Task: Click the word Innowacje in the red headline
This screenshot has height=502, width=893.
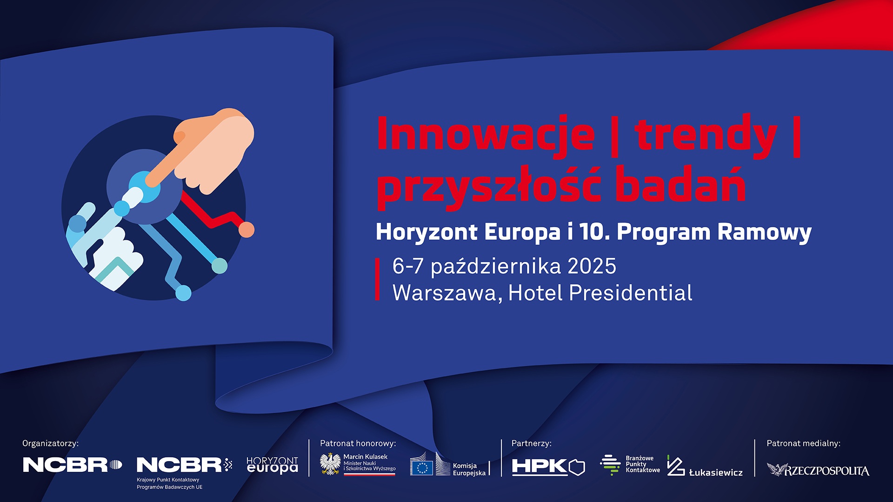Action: pyautogui.click(x=485, y=134)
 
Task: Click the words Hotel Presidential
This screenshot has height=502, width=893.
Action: pyautogui.click(x=600, y=293)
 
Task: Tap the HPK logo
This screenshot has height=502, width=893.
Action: pyautogui.click(x=548, y=466)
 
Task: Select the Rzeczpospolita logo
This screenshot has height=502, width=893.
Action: pyautogui.click(x=818, y=470)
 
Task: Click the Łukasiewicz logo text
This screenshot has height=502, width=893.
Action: pyautogui.click(x=716, y=472)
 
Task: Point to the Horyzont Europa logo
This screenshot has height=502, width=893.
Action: pyautogui.click(x=272, y=465)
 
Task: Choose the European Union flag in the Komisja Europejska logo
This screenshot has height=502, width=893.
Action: pyautogui.click(x=421, y=468)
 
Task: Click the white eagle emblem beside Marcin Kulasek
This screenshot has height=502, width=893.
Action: pyautogui.click(x=330, y=464)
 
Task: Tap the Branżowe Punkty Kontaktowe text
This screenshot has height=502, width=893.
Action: pyautogui.click(x=643, y=464)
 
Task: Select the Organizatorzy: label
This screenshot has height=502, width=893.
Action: pyautogui.click(x=50, y=443)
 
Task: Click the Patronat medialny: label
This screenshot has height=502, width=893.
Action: pyautogui.click(x=803, y=443)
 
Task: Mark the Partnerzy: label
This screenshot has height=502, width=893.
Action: pyautogui.click(x=531, y=443)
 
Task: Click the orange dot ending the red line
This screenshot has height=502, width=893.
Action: pyautogui.click(x=247, y=230)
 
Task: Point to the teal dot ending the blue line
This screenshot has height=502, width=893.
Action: pyautogui.click(x=220, y=266)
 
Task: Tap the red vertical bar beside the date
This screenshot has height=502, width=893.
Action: pyautogui.click(x=378, y=279)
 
